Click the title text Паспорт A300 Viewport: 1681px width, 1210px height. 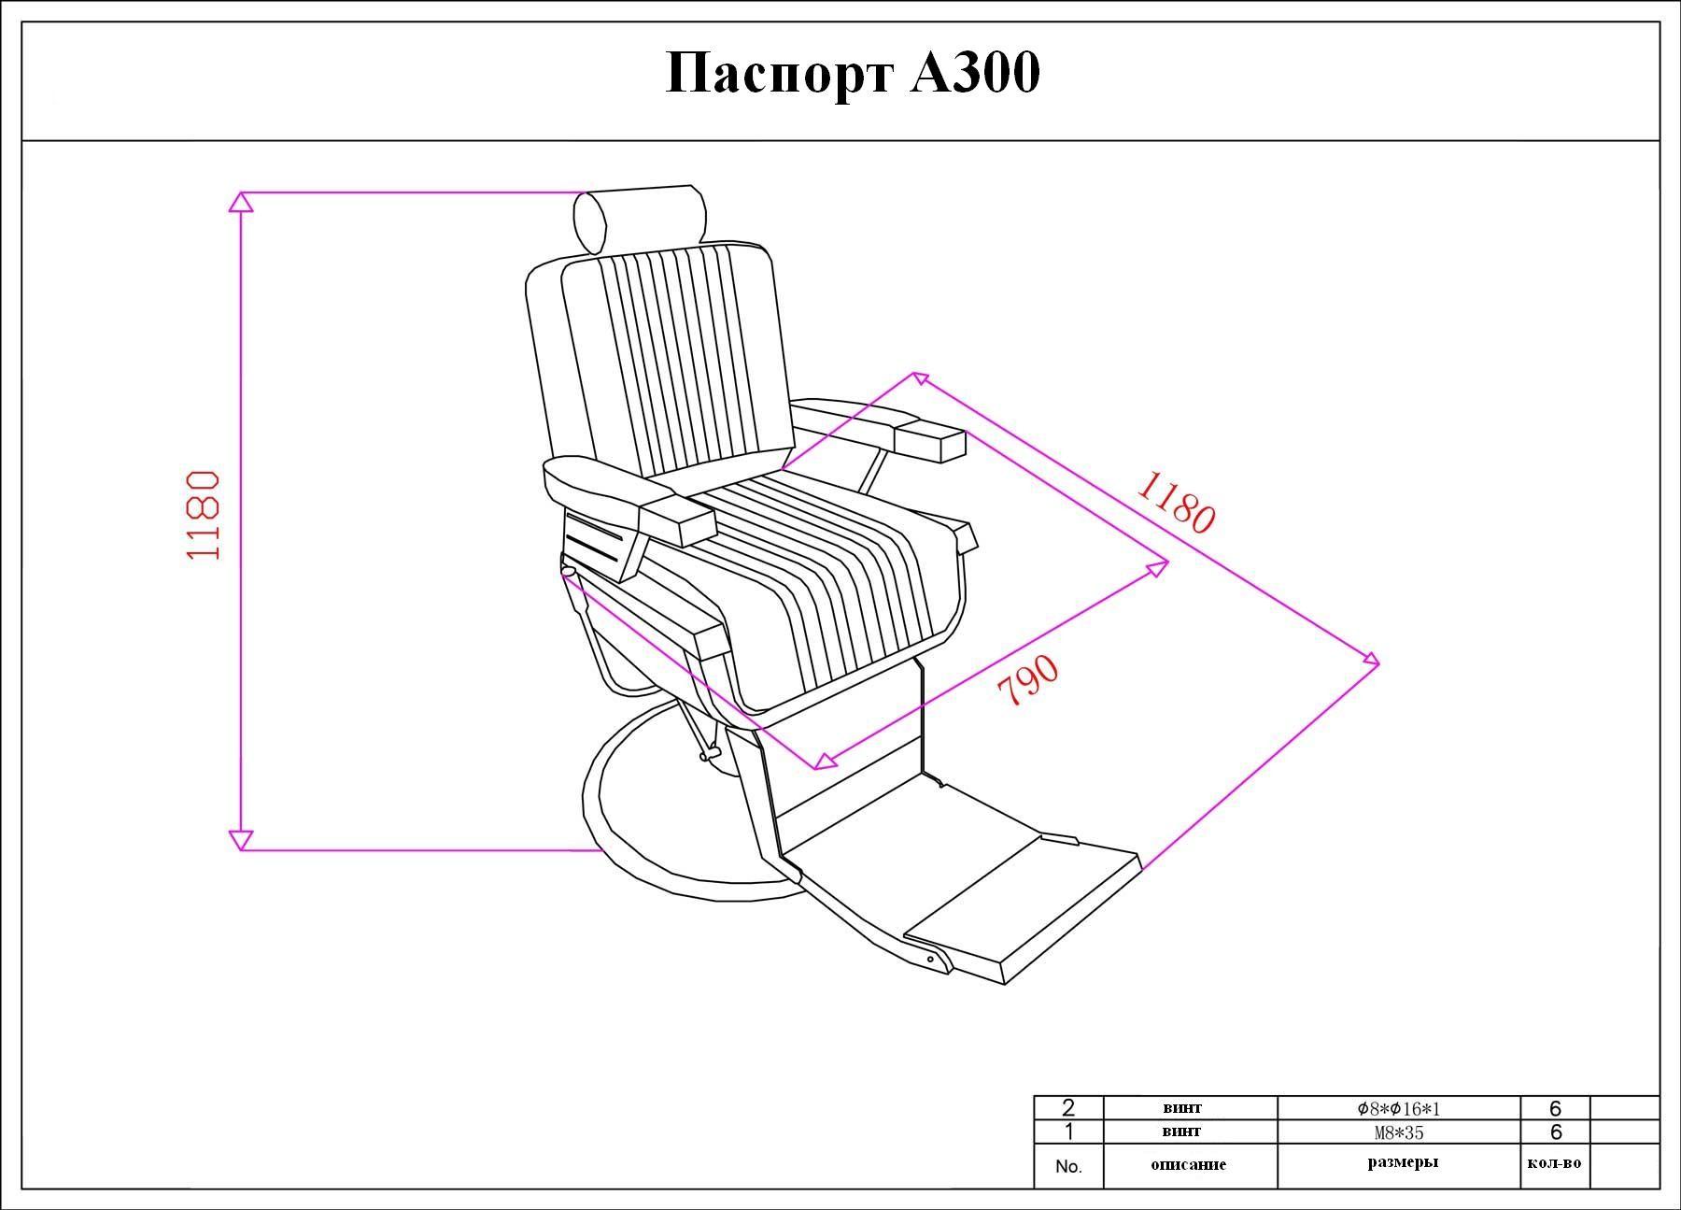(x=852, y=74)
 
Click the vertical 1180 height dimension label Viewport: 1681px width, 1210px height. (x=203, y=515)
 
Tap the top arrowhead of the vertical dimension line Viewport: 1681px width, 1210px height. (x=241, y=202)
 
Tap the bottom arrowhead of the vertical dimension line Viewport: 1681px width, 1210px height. (x=241, y=840)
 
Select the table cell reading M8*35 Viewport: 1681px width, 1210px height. (x=1399, y=1132)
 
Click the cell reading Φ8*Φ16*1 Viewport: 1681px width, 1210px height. (x=1399, y=1109)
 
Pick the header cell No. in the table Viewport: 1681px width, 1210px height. (x=1068, y=1166)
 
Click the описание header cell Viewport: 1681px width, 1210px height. (x=1189, y=1165)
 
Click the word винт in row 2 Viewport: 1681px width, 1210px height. (x=1182, y=1108)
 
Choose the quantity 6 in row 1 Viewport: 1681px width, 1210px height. (x=1555, y=1132)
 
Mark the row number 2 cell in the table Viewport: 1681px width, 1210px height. (x=1068, y=1109)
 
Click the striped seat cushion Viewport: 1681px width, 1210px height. (x=822, y=598)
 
